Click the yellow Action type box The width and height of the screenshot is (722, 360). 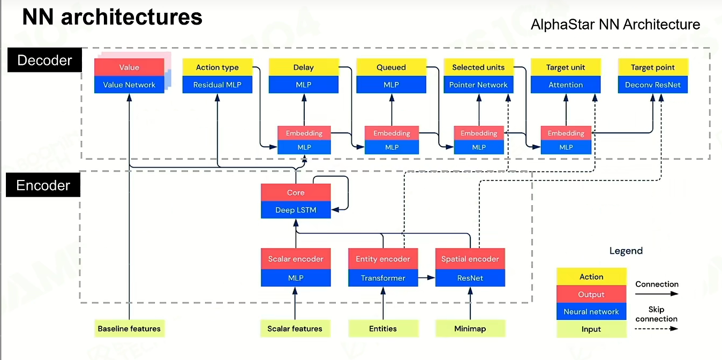click(217, 67)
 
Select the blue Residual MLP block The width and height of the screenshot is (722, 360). click(217, 85)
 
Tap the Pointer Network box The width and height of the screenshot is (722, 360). click(478, 85)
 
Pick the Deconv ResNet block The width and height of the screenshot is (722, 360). click(653, 85)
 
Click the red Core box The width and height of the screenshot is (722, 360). click(296, 192)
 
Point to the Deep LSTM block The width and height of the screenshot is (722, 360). click(296, 210)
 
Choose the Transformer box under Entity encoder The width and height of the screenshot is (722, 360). click(383, 278)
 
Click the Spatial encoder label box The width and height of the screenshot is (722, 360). click(470, 259)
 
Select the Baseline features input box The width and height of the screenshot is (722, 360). click(129, 328)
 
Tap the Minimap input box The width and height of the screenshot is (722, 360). click(470, 328)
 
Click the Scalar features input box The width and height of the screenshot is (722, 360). click(295, 328)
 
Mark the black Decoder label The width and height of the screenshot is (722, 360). click(44, 60)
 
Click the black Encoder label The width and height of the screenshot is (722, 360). click(43, 185)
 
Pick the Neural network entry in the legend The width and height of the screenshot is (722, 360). click(591, 311)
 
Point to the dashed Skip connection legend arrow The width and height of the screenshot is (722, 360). click(657, 329)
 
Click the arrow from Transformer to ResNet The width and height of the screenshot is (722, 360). click(427, 277)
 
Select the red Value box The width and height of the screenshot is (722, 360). click(129, 67)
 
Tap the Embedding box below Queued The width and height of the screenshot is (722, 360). click(392, 133)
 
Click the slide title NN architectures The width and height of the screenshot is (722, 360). click(112, 17)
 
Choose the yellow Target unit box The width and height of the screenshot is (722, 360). click(566, 67)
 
